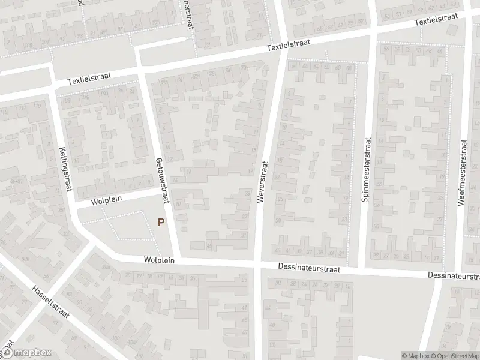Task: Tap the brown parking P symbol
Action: click(x=160, y=222)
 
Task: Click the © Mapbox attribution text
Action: click(x=415, y=356)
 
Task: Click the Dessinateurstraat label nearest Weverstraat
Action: click(x=309, y=269)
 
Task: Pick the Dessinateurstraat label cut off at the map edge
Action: click(x=454, y=275)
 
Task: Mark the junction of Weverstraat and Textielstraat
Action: click(x=282, y=51)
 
